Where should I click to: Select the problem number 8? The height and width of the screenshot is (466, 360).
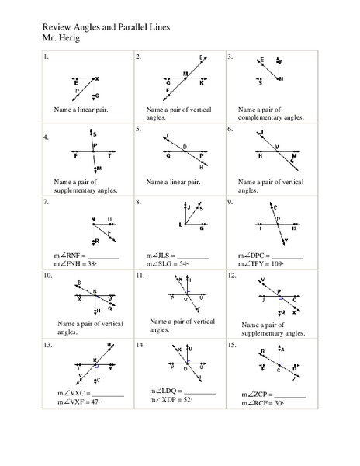coord(137,202)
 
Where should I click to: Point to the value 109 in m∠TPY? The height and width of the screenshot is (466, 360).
coord(279,263)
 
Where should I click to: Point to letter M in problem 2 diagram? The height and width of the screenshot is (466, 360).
coord(185,74)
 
